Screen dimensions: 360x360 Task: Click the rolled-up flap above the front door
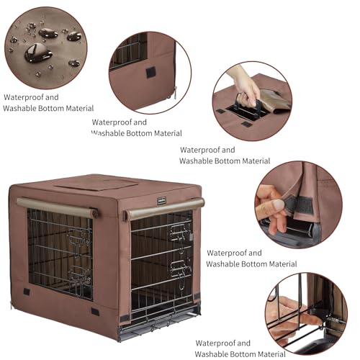pyautogui.click(x=57, y=207)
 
